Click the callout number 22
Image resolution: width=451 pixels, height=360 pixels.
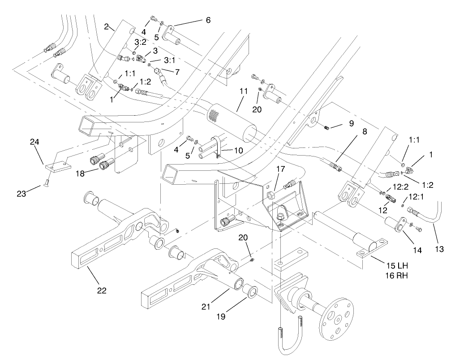pos(102,291)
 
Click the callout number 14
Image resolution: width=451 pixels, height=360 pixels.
pos(417,251)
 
